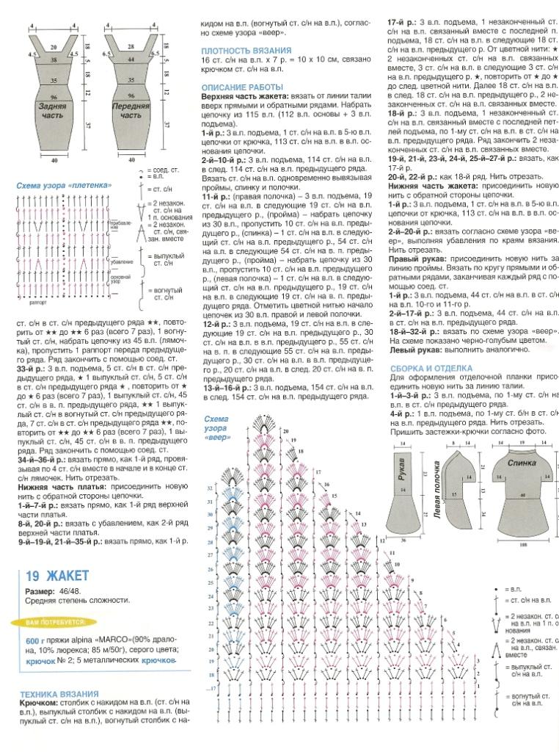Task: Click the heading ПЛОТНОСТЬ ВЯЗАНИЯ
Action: pyautogui.click(x=246, y=50)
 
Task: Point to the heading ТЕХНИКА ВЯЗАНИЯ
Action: pyautogui.click(x=59, y=693)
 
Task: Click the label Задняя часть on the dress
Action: pyautogui.click(x=54, y=111)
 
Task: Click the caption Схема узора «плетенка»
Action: pyautogui.click(x=64, y=186)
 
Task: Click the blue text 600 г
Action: pyautogui.click(x=35, y=641)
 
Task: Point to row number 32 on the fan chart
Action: pyautogui.click(x=210, y=488)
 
